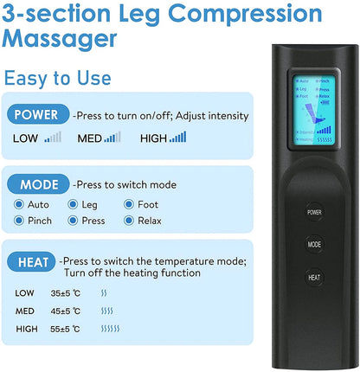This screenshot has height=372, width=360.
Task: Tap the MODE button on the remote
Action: click(314, 244)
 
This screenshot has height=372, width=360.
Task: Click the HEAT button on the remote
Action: click(314, 278)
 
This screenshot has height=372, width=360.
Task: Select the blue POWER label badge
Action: click(36, 115)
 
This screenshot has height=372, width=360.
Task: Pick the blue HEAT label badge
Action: click(33, 260)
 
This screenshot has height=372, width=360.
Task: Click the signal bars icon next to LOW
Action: click(53, 137)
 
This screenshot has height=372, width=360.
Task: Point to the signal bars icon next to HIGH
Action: click(177, 137)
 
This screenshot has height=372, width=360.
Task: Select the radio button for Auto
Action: click(19, 205)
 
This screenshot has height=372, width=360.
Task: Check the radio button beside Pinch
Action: click(19, 221)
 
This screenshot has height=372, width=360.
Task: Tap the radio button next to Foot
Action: click(130, 205)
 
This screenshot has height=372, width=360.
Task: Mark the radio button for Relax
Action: click(130, 221)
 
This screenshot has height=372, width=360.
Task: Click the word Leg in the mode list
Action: click(90, 205)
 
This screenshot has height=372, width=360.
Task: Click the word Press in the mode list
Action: click(93, 221)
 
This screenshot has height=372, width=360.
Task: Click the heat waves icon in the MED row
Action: click(106, 311)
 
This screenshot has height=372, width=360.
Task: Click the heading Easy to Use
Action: click(57, 78)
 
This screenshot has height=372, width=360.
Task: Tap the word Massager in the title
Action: click(61, 39)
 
